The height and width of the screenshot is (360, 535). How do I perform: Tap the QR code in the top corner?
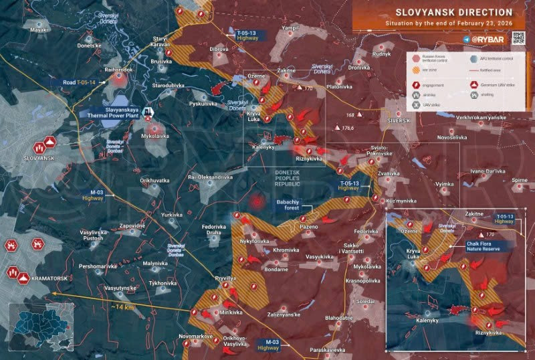[518, 37]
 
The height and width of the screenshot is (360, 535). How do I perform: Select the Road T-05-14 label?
[80, 82]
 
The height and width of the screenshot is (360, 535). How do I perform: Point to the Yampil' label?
[290, 28]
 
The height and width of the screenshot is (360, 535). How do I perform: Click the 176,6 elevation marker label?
[348, 128]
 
